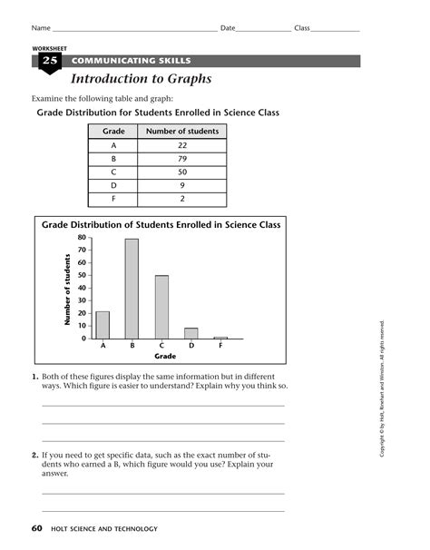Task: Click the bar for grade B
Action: (x=132, y=288)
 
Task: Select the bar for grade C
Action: (x=161, y=306)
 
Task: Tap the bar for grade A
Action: (x=103, y=324)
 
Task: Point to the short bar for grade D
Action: (x=191, y=333)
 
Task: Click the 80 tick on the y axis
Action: (x=81, y=238)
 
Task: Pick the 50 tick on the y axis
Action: (x=81, y=275)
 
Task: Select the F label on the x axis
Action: (x=220, y=346)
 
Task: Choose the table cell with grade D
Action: (x=114, y=184)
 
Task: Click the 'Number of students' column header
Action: (x=181, y=132)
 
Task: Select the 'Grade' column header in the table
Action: (x=114, y=132)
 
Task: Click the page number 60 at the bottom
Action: (x=36, y=528)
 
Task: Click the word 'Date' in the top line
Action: (x=228, y=28)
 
